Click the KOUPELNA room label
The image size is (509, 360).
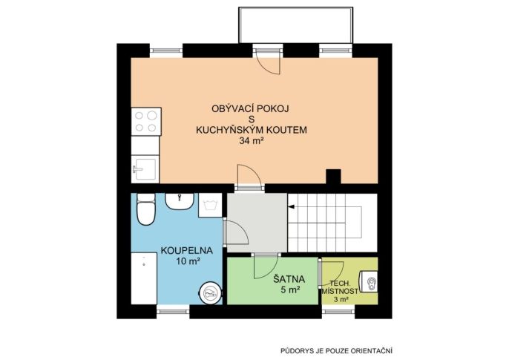(187, 251)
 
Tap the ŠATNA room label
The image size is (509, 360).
(289, 279)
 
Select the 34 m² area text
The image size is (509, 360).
(251, 141)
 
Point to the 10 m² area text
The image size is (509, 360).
(187, 261)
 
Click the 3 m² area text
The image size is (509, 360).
(341, 299)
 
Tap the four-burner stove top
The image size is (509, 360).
(146, 122)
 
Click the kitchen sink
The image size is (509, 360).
(145, 169)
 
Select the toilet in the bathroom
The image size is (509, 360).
(145, 209)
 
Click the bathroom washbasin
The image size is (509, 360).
(180, 201)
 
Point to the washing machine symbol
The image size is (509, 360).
(210, 205)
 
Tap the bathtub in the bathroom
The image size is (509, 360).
(144, 278)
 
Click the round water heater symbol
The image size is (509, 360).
(211, 293)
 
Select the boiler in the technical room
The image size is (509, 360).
(369, 282)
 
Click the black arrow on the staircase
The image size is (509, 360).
(291, 206)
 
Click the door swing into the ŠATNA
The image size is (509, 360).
(266, 266)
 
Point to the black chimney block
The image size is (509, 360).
(333, 176)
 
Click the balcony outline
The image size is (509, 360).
(296, 7)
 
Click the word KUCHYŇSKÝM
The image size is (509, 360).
(230, 130)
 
